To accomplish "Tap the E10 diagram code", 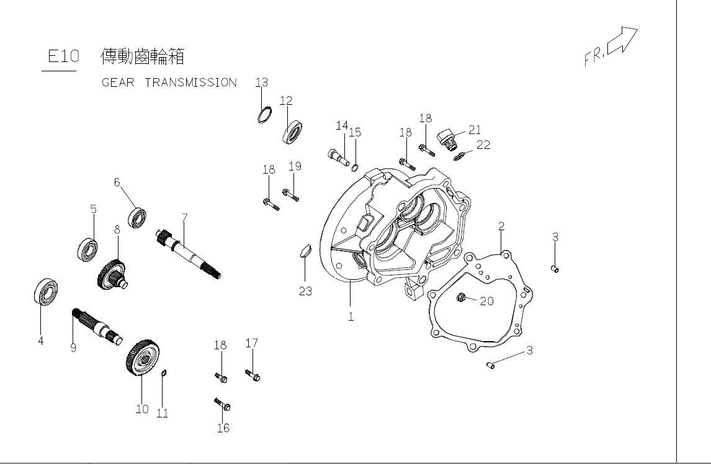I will (63, 56).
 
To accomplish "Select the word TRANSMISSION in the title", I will (190, 83).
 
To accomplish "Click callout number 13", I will (261, 83).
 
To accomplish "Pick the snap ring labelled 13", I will (264, 115).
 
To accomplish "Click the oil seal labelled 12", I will (293, 133).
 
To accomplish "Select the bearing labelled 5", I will (89, 248).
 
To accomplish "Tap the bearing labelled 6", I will (137, 218).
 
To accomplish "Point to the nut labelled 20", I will (461, 299).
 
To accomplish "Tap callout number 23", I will (305, 291).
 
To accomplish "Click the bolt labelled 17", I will (253, 375).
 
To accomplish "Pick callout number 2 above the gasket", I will (501, 226).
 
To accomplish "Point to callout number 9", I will (73, 348).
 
